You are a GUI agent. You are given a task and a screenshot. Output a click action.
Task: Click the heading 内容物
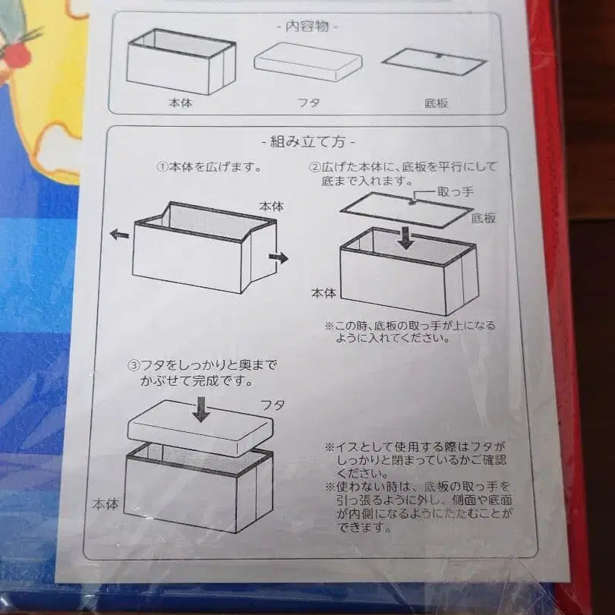point(307,26)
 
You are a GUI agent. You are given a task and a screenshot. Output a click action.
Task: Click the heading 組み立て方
point(307,141)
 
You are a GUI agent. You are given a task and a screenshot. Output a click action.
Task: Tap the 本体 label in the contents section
point(180,102)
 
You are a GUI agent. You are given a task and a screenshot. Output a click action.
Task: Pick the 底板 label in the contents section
point(436,102)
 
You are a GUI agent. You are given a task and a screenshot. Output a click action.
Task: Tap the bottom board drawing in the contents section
point(433,61)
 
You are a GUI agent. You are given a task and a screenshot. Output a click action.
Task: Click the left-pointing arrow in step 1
point(119,235)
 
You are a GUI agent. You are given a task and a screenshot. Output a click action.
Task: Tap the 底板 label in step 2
point(484,218)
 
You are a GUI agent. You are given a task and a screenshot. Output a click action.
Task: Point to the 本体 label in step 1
point(271,206)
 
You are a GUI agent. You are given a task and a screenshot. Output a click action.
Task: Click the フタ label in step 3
point(273,405)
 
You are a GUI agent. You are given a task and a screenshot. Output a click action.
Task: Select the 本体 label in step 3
point(106,503)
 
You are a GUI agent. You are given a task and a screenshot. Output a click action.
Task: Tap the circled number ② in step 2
point(314,166)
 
